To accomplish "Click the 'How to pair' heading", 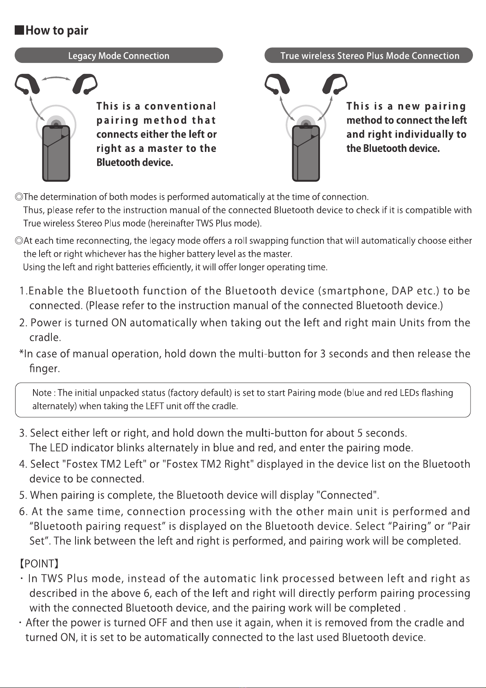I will (x=57, y=31).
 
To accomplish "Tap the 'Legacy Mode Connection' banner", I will (x=119, y=56).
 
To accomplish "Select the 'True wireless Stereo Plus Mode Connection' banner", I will (x=369, y=56).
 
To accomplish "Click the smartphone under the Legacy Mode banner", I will (x=56, y=152).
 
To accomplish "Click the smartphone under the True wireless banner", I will (x=306, y=152).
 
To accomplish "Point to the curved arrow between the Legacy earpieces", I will (x=57, y=78).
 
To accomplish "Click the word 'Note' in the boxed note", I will (x=42, y=393).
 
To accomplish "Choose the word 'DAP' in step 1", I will (x=402, y=291).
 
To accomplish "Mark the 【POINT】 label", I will (x=39, y=564).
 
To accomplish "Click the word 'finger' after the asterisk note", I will (x=44, y=369).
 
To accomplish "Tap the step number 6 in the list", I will (x=22, y=512).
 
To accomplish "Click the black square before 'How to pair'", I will (x=19, y=31).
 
